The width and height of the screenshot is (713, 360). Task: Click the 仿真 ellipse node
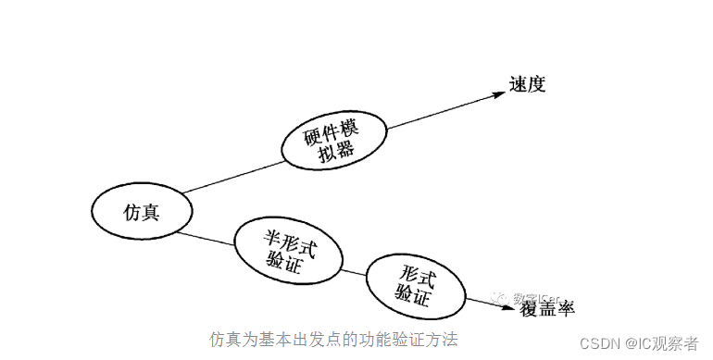(x=142, y=212)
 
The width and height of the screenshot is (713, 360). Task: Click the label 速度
(x=528, y=86)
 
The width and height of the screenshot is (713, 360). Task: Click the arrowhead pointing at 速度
(x=495, y=95)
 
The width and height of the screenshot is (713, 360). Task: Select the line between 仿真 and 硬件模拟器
(x=231, y=179)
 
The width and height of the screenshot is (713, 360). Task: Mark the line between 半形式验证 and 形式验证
(x=355, y=271)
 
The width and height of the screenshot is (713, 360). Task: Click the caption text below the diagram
(x=333, y=339)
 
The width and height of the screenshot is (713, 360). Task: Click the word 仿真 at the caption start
(x=224, y=339)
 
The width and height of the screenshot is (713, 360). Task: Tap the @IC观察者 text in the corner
(x=665, y=342)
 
